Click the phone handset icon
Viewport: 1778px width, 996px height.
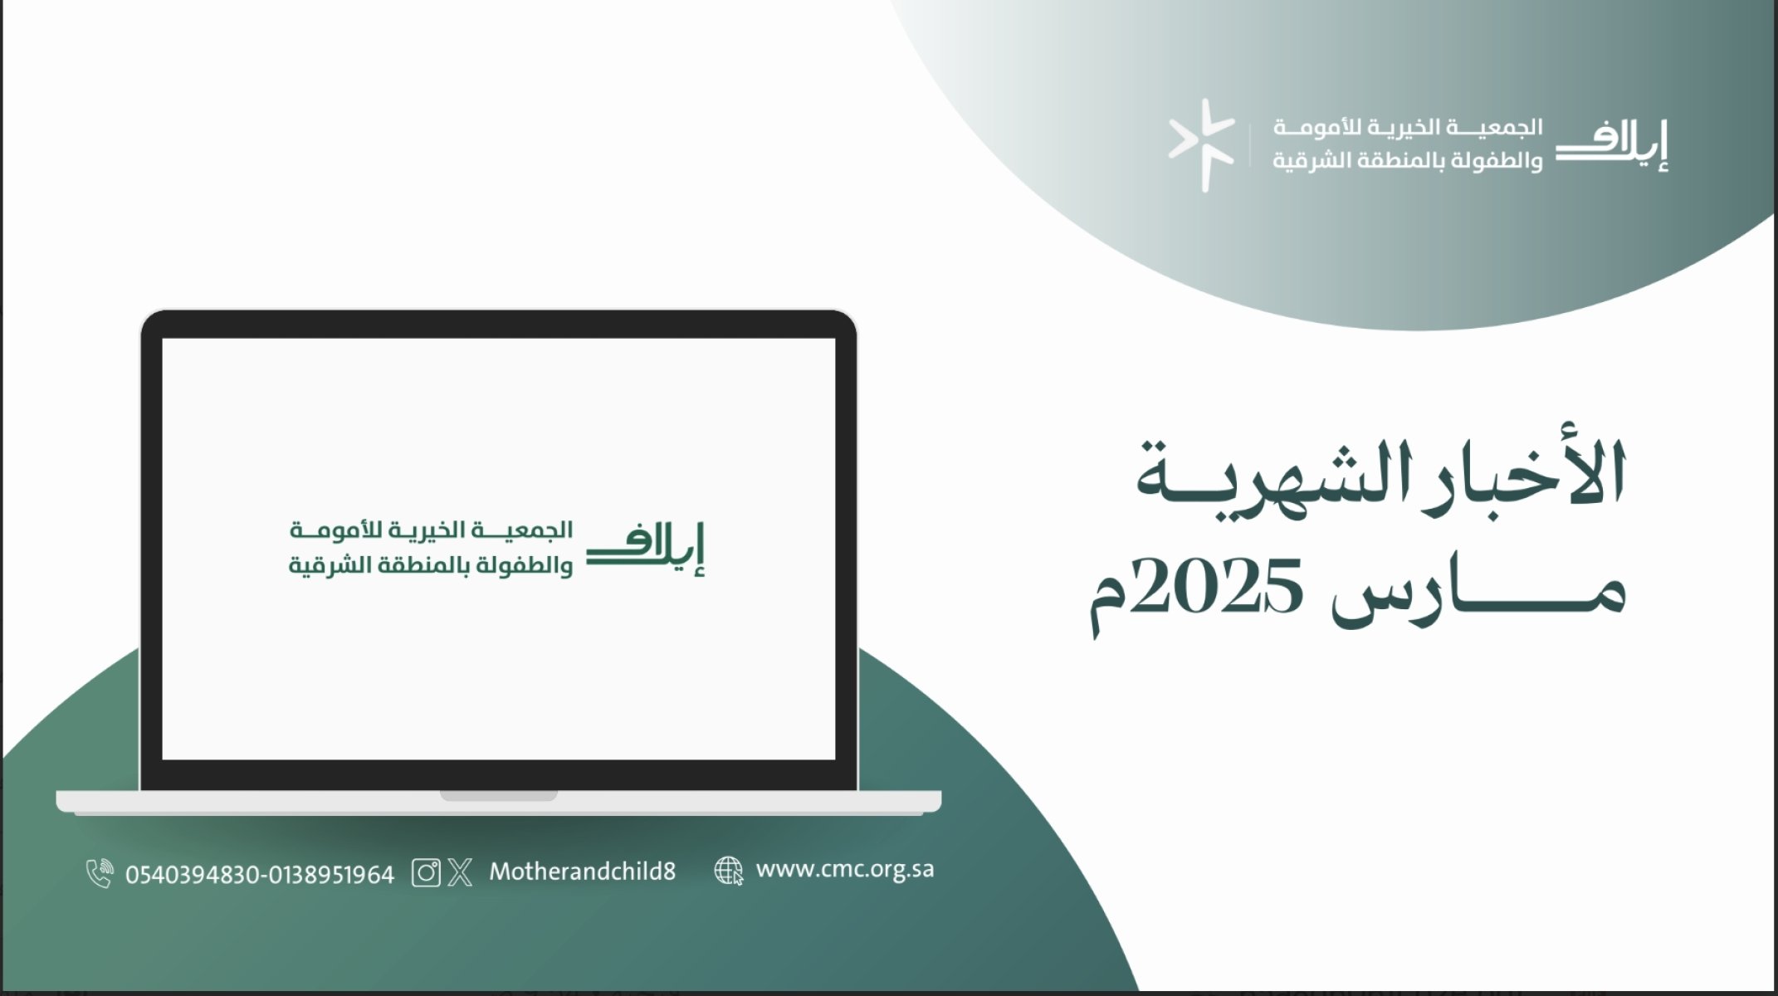[99, 873]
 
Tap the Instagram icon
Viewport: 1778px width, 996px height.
[426, 872]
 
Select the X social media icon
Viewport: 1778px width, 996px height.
[460, 872]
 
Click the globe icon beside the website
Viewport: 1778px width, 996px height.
[729, 871]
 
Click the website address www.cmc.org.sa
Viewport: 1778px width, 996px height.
[845, 870]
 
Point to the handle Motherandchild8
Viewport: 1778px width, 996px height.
[582, 871]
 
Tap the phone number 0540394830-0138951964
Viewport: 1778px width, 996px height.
[260, 875]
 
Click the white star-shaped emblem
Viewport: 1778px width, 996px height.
[1202, 145]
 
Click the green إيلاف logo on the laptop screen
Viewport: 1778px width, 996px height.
[646, 549]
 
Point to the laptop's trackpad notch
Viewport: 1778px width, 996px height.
[498, 795]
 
